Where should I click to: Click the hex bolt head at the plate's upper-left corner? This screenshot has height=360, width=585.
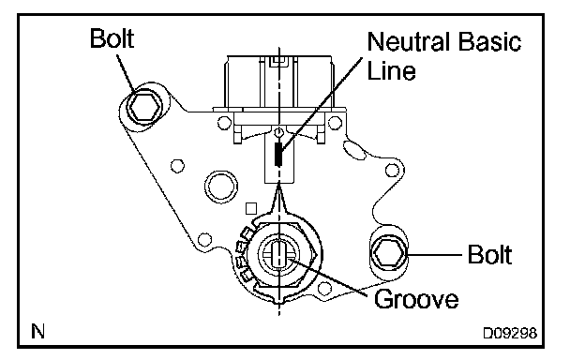[x=144, y=107]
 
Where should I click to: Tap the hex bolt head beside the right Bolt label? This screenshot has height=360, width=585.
[x=388, y=254]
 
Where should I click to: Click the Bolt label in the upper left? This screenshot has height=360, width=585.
[x=112, y=38]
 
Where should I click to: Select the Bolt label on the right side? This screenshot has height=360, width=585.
[x=489, y=255]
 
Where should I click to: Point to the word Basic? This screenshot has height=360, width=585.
[x=489, y=41]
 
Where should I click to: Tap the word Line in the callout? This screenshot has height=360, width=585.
[x=391, y=70]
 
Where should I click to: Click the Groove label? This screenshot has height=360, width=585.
[x=416, y=299]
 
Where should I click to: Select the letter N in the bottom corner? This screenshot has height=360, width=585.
[x=37, y=331]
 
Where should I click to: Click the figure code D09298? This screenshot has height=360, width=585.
[x=510, y=333]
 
